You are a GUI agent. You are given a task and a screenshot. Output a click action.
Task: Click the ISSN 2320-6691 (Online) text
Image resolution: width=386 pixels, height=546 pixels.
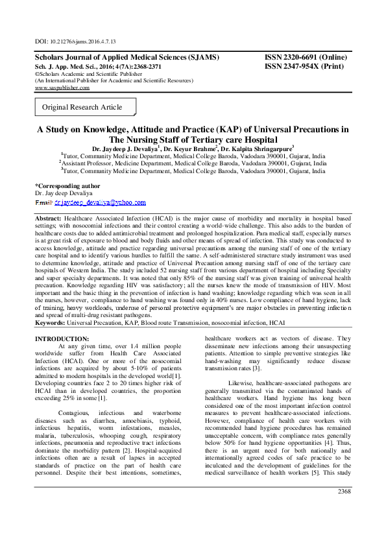pyautogui.click(x=306, y=58)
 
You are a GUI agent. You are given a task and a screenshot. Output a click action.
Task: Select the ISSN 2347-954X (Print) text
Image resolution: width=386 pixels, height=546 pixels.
pyautogui.click(x=304, y=66)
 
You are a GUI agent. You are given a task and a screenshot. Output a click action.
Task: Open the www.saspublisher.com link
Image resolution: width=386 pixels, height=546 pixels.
pyautogui.click(x=62, y=88)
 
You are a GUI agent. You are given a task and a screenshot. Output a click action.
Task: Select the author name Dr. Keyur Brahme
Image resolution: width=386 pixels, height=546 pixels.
pyautogui.click(x=188, y=148)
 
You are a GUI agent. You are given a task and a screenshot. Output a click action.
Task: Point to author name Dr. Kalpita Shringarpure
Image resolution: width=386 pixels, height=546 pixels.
pyautogui.click(x=256, y=148)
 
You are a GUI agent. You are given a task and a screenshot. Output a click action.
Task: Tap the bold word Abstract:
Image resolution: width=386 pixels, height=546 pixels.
pyautogui.click(x=48, y=219)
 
